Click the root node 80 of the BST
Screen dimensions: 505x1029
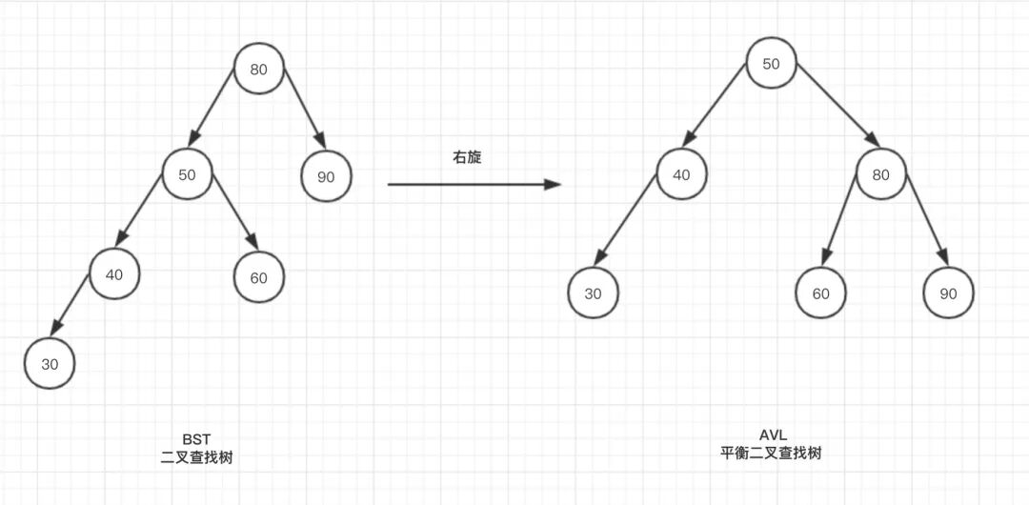tap(259, 69)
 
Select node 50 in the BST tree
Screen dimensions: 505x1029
tap(187, 174)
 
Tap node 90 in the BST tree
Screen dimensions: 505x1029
tap(326, 175)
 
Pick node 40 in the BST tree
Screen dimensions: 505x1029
tap(114, 274)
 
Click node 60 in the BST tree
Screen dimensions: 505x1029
tap(259, 277)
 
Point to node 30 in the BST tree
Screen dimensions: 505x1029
tap(50, 363)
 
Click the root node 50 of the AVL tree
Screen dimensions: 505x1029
tap(772, 63)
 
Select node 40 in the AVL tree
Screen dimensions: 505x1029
tap(681, 174)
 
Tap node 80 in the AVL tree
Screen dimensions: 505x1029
tap(881, 174)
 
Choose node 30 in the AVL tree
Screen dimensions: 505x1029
tap(594, 293)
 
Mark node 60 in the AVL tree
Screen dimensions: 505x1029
tap(821, 293)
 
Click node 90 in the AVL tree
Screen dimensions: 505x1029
tap(948, 293)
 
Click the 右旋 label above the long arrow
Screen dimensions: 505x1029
tap(467, 157)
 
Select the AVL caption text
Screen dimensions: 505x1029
tap(772, 436)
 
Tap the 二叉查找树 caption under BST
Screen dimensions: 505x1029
tap(197, 457)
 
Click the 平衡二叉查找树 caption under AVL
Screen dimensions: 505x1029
tap(772, 454)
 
